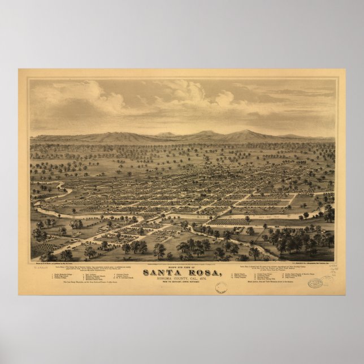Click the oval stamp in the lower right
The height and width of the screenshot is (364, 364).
315,282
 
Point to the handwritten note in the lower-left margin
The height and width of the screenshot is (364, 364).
41,265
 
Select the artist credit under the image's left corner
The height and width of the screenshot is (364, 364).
65,263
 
